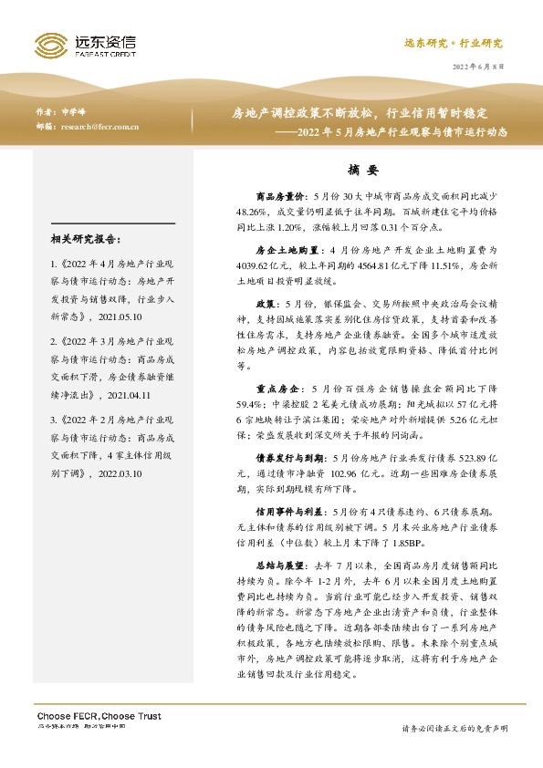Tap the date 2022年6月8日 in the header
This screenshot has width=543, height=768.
(478, 68)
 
